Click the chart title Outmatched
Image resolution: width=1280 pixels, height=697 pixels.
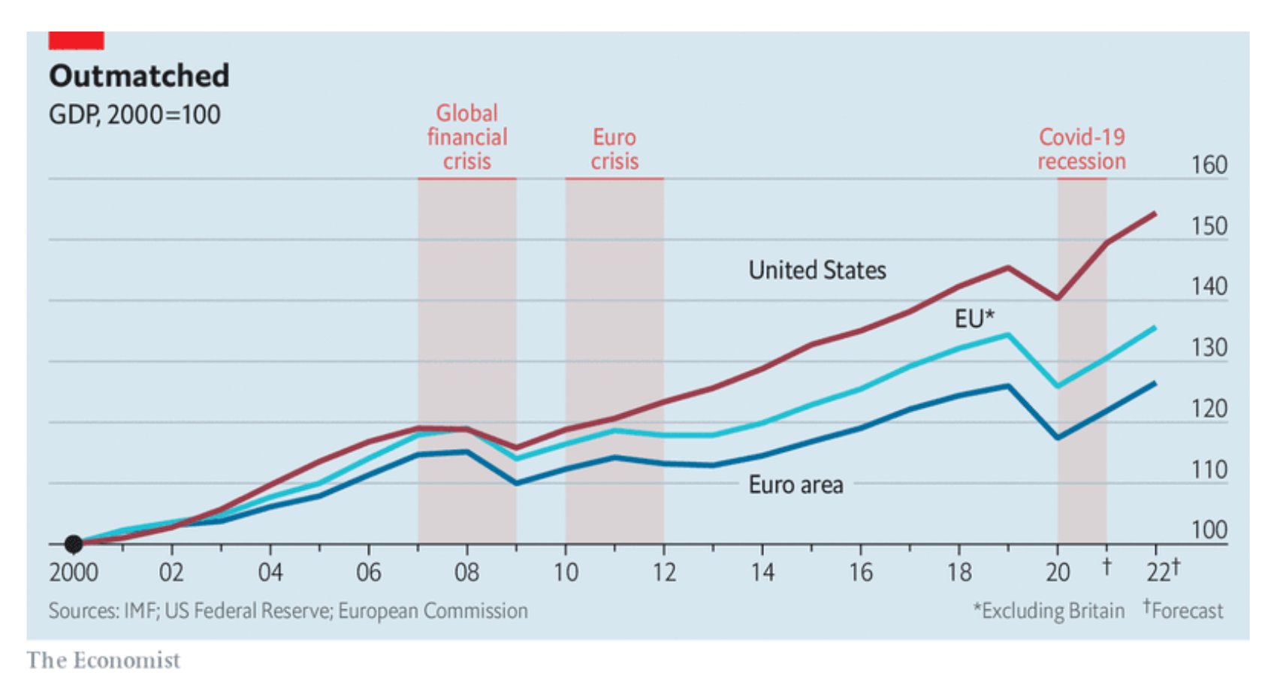(x=139, y=76)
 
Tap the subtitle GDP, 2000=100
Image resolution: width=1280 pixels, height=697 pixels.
(x=134, y=115)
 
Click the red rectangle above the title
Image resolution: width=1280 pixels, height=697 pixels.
(x=76, y=41)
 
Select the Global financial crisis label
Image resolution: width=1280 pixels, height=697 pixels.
(x=466, y=137)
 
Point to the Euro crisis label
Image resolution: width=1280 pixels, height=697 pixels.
(x=614, y=149)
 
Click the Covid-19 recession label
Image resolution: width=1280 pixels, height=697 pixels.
(x=1081, y=149)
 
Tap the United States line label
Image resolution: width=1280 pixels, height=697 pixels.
(x=817, y=270)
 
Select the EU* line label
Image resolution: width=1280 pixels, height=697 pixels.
(x=974, y=318)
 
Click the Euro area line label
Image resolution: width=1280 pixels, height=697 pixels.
(x=795, y=485)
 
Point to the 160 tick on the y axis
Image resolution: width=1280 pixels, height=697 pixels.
(x=1209, y=165)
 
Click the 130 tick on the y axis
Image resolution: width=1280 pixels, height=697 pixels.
(x=1209, y=348)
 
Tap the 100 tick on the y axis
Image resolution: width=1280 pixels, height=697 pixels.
(x=1209, y=530)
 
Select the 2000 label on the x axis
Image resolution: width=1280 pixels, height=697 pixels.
(x=74, y=573)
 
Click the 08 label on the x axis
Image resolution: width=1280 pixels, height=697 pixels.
(x=466, y=573)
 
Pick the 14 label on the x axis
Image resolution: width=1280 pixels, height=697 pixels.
(x=762, y=573)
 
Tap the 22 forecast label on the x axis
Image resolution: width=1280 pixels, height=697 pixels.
(x=1162, y=572)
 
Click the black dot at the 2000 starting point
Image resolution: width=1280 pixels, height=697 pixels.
(x=74, y=544)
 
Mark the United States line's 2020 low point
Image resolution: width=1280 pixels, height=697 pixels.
(x=1058, y=298)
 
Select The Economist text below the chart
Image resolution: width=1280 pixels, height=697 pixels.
(x=104, y=660)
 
